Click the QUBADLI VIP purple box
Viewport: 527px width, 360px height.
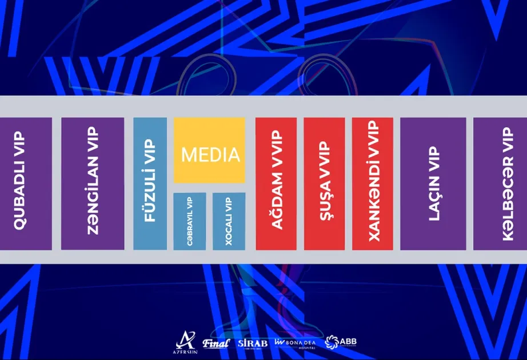point(26,183)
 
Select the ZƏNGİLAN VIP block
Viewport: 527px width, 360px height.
point(93,183)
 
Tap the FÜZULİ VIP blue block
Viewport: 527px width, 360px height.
point(150,183)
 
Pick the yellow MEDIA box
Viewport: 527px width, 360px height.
point(209,150)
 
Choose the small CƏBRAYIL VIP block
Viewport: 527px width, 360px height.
point(189,221)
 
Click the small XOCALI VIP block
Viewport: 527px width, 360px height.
point(229,221)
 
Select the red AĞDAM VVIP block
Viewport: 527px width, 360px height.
point(276,183)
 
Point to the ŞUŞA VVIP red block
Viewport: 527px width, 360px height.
point(324,183)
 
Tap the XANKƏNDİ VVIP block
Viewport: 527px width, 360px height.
point(373,183)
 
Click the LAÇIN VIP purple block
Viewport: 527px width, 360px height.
point(433,183)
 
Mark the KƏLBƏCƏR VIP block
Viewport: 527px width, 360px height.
point(500,183)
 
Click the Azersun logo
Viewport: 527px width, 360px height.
point(186,341)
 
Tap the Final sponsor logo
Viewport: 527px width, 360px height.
point(215,343)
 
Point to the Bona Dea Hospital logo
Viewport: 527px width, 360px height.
point(296,342)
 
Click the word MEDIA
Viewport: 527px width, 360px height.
point(210,155)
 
